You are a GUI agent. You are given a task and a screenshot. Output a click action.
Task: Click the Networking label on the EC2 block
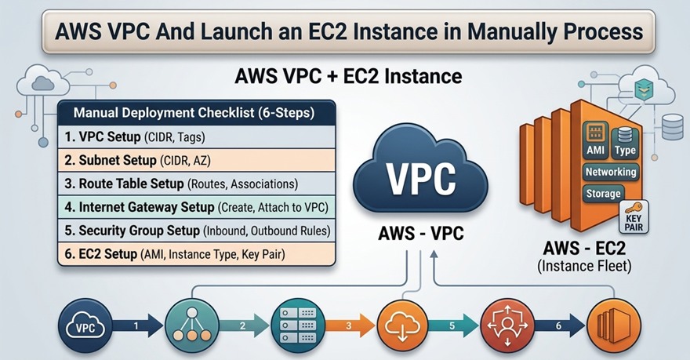pyautogui.click(x=611, y=171)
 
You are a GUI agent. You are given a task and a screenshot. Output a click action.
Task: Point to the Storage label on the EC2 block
pyautogui.click(x=603, y=193)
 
